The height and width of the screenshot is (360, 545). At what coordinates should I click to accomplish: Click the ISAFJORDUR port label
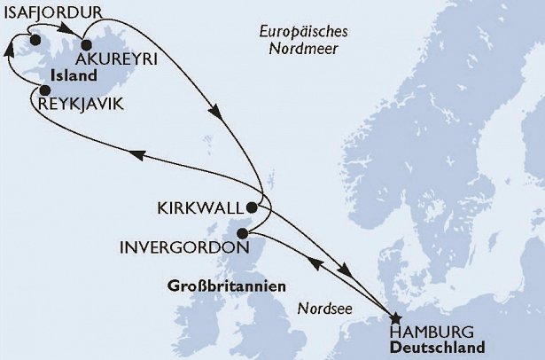51,11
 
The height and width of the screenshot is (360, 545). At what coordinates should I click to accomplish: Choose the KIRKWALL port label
201,208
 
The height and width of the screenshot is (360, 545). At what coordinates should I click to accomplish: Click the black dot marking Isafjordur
35,40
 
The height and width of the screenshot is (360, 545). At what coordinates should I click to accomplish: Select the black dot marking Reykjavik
43,90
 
